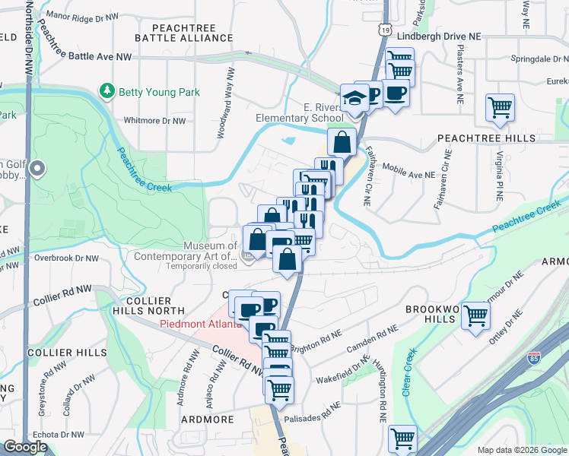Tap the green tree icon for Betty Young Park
point(107,92)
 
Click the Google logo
point(25,447)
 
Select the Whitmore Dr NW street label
point(154,120)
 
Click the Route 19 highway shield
point(388,29)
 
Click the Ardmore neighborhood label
point(207,419)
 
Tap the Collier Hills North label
point(156,306)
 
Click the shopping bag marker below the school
point(342,141)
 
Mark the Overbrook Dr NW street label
point(65,258)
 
